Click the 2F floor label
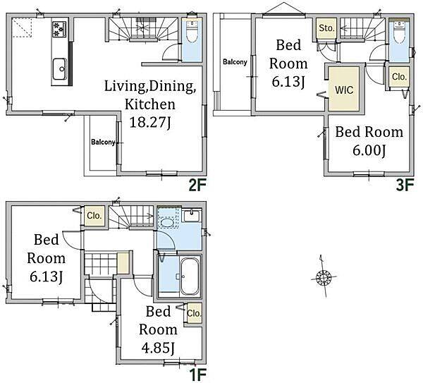(197, 186)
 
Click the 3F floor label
(405, 186)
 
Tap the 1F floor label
(197, 375)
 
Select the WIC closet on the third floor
(344, 89)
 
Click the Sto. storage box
(326, 28)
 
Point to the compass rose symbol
(323, 277)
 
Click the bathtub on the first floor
(190, 276)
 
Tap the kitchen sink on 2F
(60, 69)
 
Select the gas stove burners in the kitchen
(59, 30)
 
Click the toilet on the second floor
(192, 33)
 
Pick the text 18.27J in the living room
(151, 123)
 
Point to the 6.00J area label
(369, 150)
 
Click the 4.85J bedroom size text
(158, 348)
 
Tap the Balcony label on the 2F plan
(103, 142)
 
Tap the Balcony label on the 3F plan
(235, 62)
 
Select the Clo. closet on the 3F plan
(399, 77)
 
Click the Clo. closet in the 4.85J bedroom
(195, 313)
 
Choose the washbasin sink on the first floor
(192, 215)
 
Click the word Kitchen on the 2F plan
(150, 104)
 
